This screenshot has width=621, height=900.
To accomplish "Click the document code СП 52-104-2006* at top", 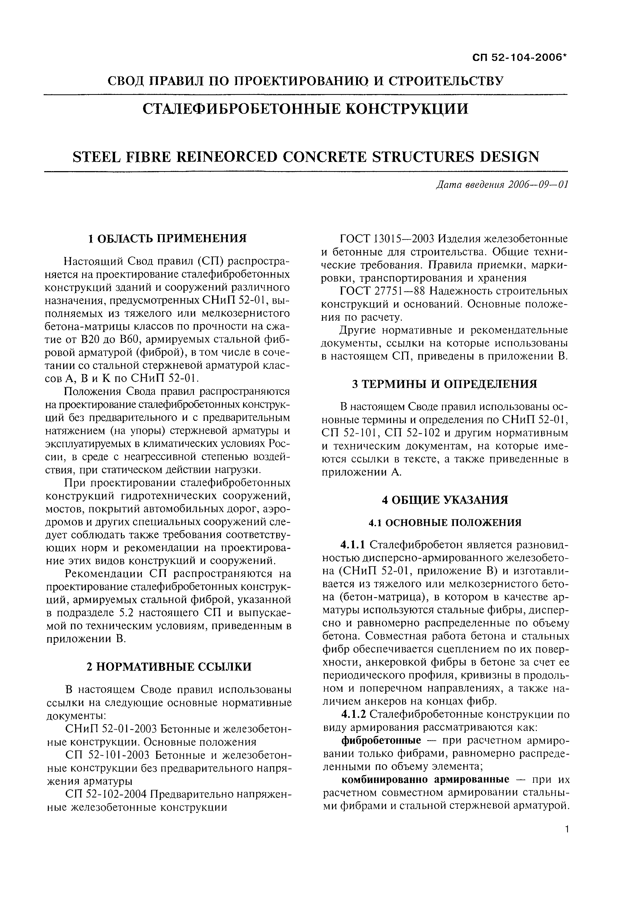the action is pyautogui.click(x=520, y=58).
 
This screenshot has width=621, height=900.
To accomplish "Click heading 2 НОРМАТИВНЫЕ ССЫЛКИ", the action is pyautogui.click(x=168, y=667).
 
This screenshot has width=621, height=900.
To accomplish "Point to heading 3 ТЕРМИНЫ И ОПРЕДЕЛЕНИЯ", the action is pyautogui.click(x=444, y=384).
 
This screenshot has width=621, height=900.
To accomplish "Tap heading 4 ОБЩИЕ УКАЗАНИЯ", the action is pyautogui.click(x=444, y=500).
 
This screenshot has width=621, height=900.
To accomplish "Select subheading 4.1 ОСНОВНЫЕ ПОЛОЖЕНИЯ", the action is pyautogui.click(x=444, y=522).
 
